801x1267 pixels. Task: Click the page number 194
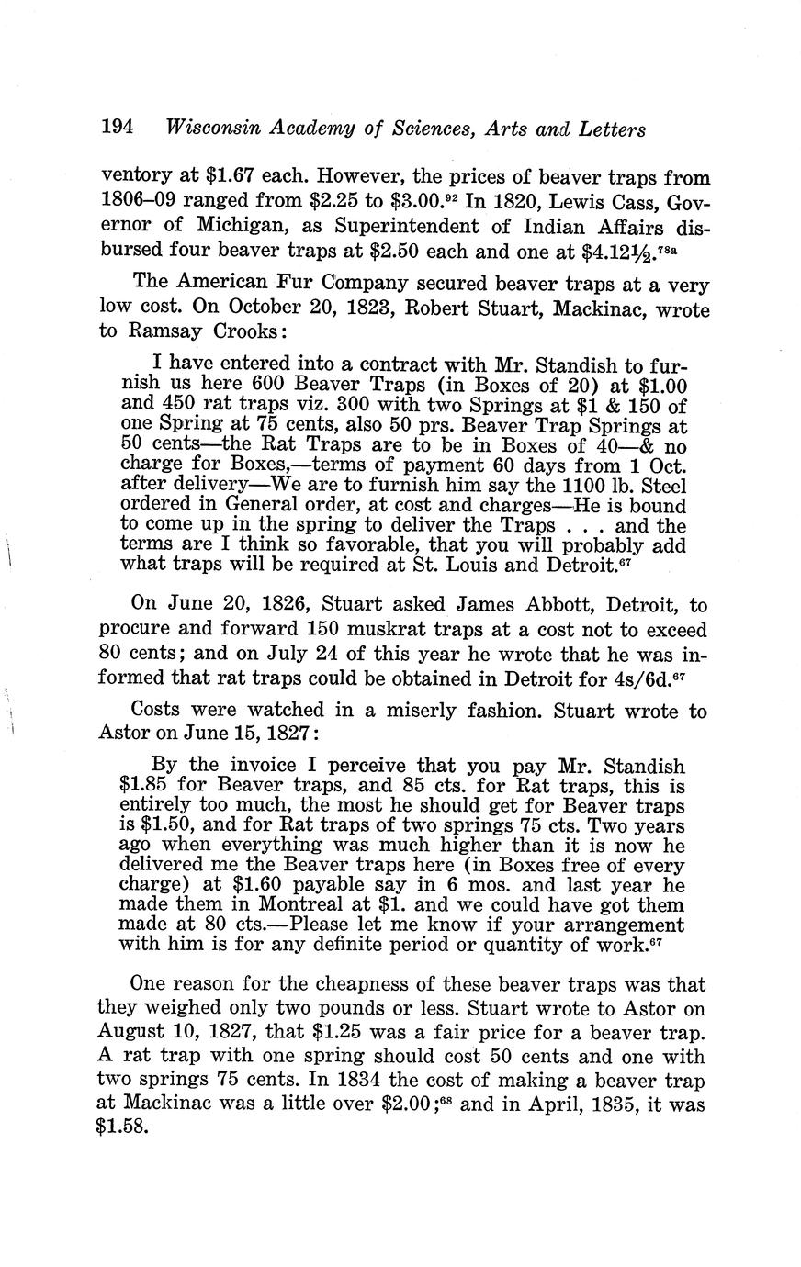(x=118, y=128)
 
